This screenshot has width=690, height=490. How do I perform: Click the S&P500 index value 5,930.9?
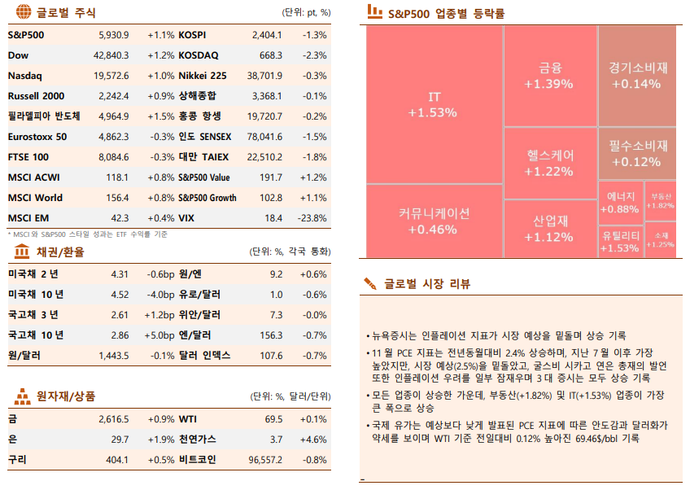click(x=112, y=35)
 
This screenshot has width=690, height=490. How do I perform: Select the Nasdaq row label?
click(x=25, y=76)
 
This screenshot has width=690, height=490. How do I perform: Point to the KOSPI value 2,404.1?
click(x=267, y=35)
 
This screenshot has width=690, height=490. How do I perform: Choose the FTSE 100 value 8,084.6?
click(x=112, y=157)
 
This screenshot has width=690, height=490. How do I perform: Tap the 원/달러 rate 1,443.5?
click(x=114, y=356)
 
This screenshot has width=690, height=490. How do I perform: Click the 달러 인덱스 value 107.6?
click(x=270, y=356)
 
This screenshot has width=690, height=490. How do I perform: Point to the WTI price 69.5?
click(x=273, y=419)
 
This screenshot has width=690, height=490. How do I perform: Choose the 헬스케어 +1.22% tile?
click(x=548, y=163)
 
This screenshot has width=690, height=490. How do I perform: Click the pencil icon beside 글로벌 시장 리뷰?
click(x=370, y=283)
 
